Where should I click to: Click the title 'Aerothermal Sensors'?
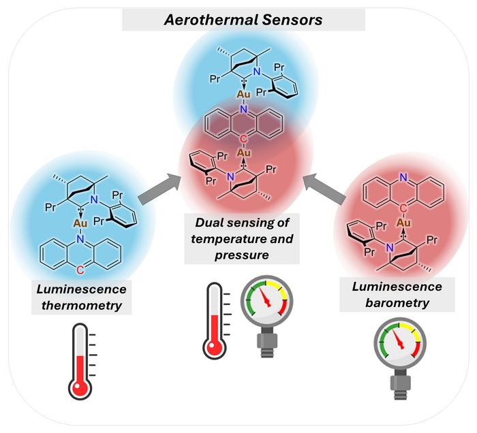pyautogui.click(x=243, y=20)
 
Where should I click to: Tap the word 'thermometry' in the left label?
pyautogui.click(x=82, y=306)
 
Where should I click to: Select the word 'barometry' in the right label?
pyautogui.click(x=397, y=303)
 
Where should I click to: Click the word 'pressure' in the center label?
pyautogui.click(x=242, y=255)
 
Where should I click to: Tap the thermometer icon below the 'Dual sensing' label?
pyautogui.click(x=216, y=321)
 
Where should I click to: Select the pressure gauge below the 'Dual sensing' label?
pyautogui.click(x=267, y=316)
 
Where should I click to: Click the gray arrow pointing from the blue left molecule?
pyautogui.click(x=158, y=188)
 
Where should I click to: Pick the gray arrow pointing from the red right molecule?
pyautogui.click(x=325, y=189)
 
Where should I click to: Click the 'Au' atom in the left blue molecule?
pyautogui.click(x=80, y=223)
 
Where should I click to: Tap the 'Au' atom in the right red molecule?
pyautogui.click(x=403, y=223)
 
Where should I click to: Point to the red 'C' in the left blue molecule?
pyautogui.click(x=80, y=270)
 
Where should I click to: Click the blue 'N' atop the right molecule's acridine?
pyautogui.click(x=403, y=178)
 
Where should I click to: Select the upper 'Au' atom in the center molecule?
pyautogui.click(x=243, y=94)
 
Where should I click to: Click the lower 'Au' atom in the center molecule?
pyautogui.click(x=243, y=153)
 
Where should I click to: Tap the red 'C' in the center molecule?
pyautogui.click(x=243, y=139)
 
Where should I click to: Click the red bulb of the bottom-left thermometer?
pyautogui.click(x=80, y=388)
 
